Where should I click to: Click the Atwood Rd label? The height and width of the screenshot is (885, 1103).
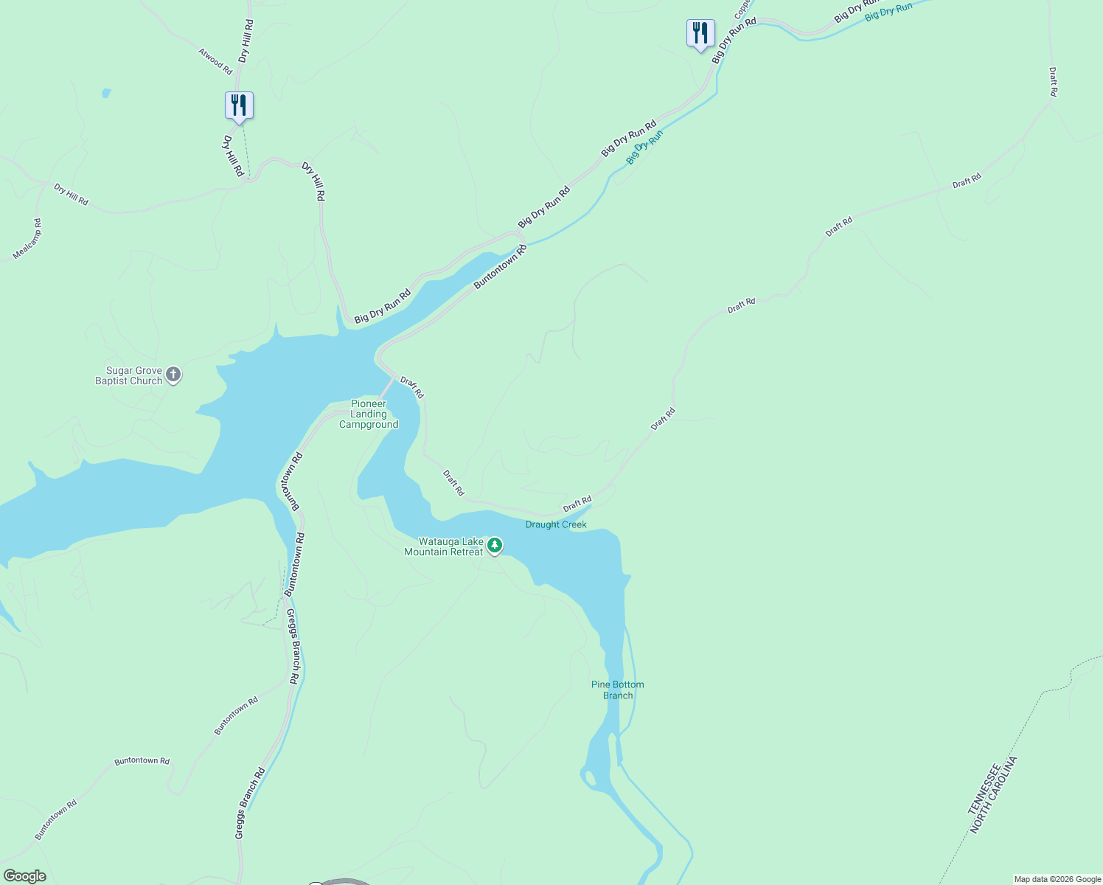pos(215,60)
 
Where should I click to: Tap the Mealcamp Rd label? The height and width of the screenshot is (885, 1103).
pos(27,239)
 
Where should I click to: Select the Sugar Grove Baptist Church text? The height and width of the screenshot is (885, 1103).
pos(129,376)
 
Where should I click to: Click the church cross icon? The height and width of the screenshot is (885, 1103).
pos(173,375)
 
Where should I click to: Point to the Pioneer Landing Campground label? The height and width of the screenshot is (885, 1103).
pos(369,414)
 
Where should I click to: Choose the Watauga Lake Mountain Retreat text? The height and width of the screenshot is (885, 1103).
pos(444,546)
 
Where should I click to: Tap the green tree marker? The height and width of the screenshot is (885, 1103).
pos(495,546)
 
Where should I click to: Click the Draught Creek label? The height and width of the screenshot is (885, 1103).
pos(556,524)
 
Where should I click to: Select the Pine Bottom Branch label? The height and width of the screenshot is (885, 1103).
pos(618,690)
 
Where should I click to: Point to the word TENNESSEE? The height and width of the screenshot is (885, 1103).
pos(984,789)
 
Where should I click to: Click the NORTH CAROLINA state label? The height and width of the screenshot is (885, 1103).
pos(994,795)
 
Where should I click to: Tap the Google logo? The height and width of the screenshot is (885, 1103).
pos(24,876)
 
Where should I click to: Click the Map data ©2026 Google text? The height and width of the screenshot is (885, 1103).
pos(1057,879)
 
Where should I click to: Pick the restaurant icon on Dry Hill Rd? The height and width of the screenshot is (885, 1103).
pos(239,105)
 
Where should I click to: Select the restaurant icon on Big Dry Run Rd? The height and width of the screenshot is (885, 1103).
pos(700,33)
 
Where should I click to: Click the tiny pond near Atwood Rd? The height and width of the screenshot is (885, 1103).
pos(106,94)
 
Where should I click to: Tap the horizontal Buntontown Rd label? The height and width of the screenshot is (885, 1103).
pos(142,761)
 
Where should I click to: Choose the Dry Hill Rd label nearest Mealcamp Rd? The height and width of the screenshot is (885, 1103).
pos(71,195)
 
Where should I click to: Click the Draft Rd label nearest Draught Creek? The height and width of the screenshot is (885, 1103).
pos(577,504)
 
